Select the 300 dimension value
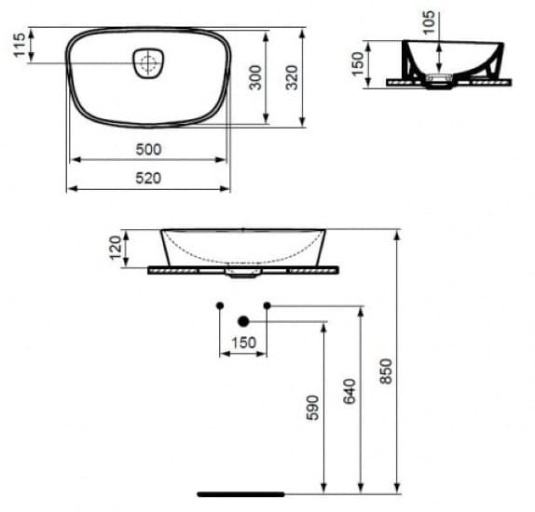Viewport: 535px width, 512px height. coord(255,78)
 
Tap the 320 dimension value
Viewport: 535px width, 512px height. coord(292,78)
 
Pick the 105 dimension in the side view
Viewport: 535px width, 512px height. coord(428,21)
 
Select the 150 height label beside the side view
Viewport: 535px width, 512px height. coord(357,63)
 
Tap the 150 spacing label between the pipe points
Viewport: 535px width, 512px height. coord(242,343)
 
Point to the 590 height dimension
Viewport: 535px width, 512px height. coord(312,407)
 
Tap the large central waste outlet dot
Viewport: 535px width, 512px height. coord(243,321)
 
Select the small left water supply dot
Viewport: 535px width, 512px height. coord(219,305)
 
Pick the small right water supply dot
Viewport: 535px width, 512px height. coord(267,305)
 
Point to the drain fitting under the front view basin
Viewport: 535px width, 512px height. coord(242,274)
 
